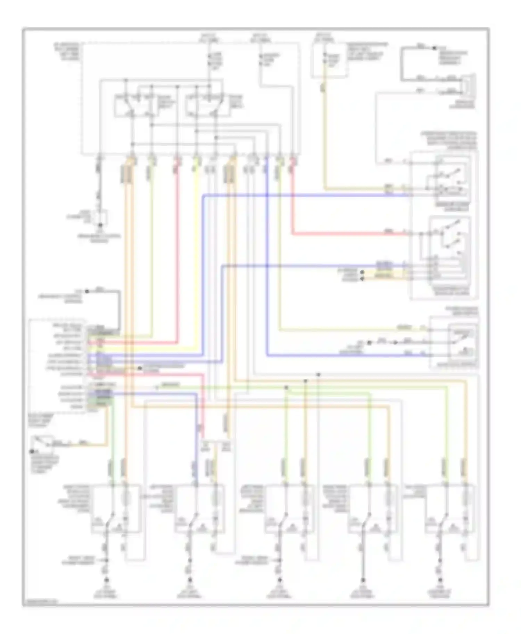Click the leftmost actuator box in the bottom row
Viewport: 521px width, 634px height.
click(x=116, y=508)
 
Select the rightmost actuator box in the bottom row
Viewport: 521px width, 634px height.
click(x=449, y=508)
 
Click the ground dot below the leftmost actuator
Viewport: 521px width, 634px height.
click(x=106, y=580)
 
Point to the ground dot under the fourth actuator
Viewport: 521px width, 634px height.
click(x=363, y=580)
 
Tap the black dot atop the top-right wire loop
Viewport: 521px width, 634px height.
click(x=434, y=48)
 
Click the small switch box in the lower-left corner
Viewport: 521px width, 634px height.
click(x=42, y=444)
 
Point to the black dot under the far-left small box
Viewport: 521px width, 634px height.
click(x=100, y=225)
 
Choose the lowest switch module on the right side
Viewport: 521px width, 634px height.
click(x=454, y=342)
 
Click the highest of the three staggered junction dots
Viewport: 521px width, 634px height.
click(x=319, y=375)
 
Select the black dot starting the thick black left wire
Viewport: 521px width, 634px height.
click(x=87, y=291)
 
